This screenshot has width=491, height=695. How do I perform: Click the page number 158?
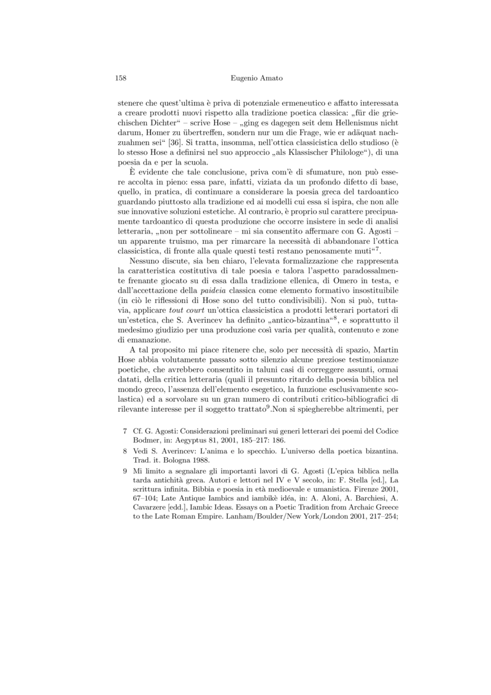121,78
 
